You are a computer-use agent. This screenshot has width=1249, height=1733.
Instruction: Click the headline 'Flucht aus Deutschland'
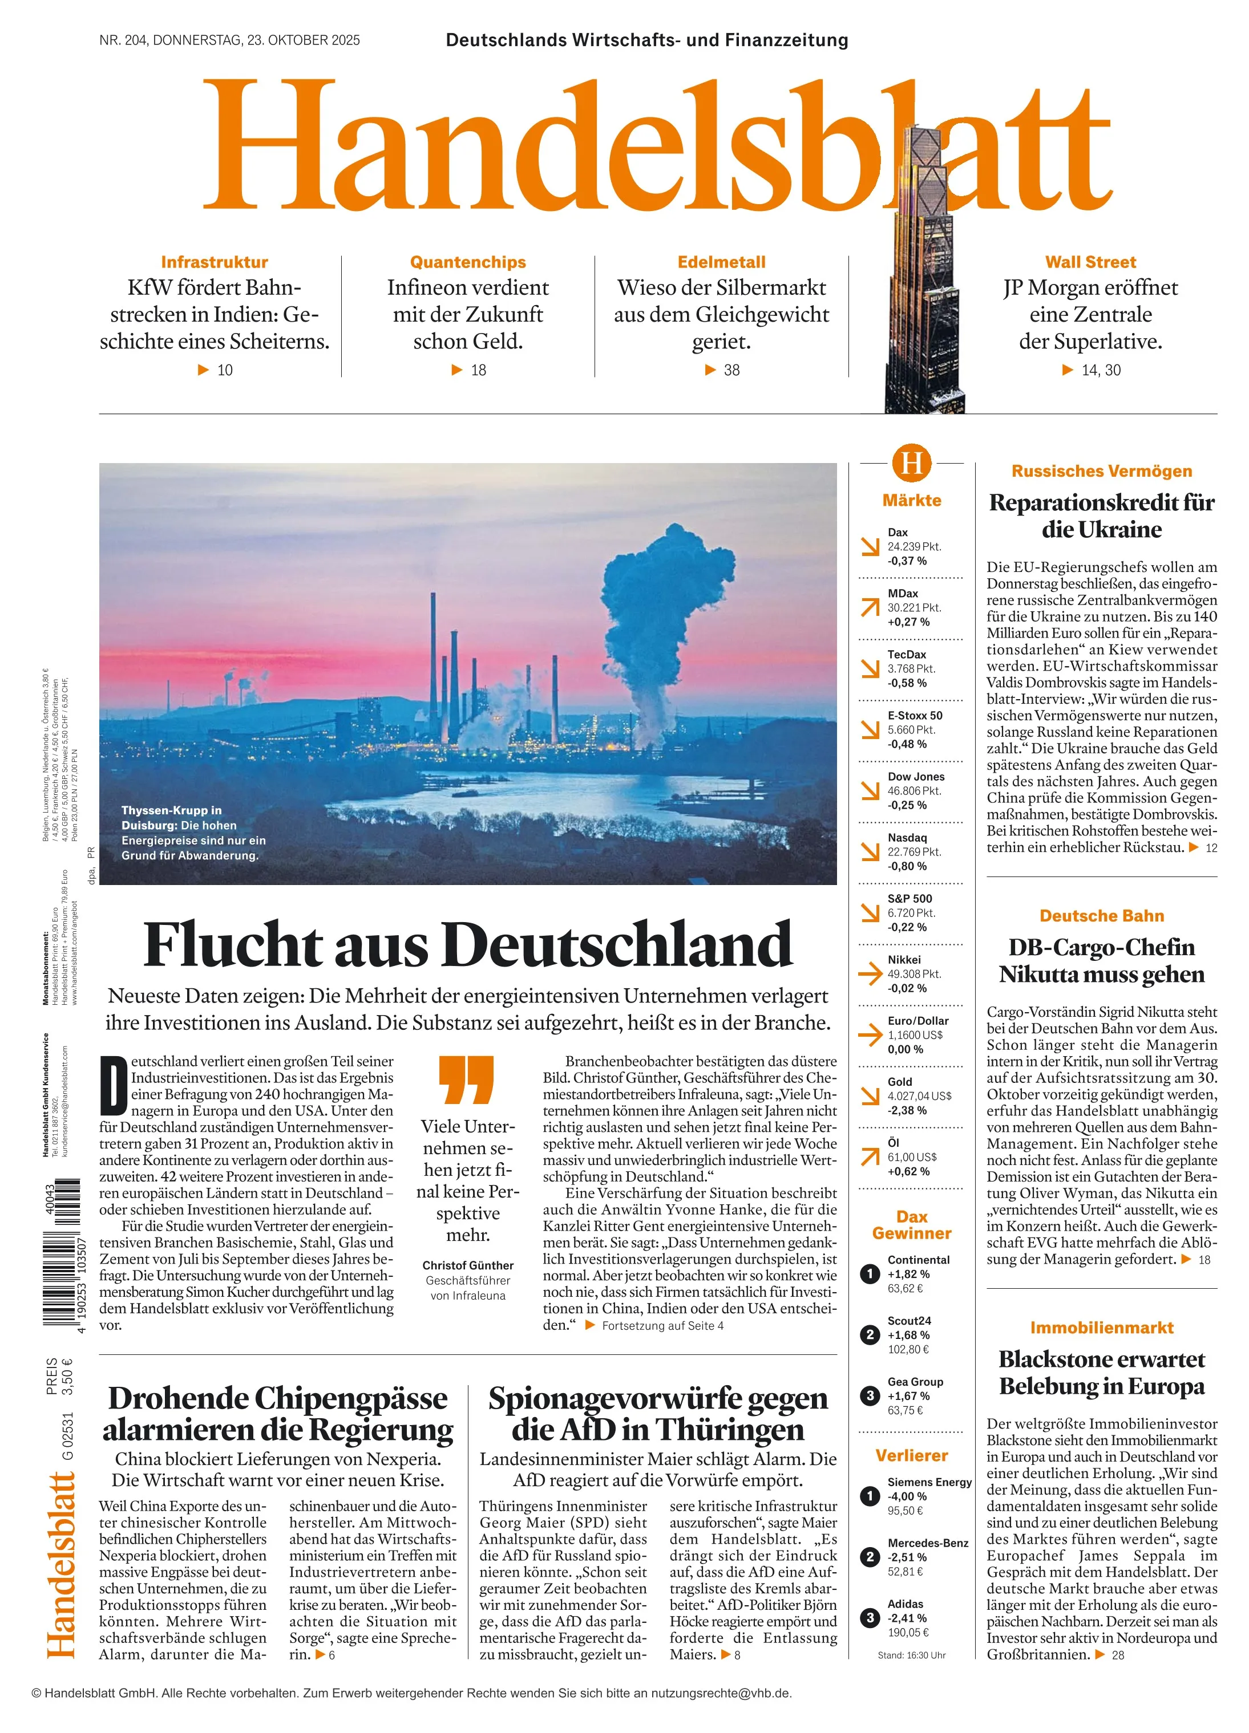[x=468, y=946]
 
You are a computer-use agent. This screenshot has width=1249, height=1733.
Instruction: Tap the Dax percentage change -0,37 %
[x=907, y=561]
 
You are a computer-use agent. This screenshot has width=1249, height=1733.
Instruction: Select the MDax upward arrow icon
[x=870, y=607]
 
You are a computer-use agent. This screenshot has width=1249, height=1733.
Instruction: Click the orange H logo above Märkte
[x=911, y=462]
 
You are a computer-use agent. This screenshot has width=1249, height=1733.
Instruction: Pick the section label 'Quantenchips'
[x=468, y=262]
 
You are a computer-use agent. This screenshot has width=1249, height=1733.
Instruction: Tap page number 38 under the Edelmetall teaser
[x=731, y=370]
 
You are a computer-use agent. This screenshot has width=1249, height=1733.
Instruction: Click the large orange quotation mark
[x=466, y=1079]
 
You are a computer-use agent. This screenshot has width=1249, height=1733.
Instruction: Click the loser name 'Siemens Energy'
[x=929, y=1482]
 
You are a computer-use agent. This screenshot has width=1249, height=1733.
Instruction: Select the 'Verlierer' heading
[x=911, y=1456]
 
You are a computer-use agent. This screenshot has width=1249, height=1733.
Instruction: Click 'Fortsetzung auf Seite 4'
[x=662, y=1326]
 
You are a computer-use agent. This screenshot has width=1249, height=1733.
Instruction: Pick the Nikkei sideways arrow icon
[x=870, y=973]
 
